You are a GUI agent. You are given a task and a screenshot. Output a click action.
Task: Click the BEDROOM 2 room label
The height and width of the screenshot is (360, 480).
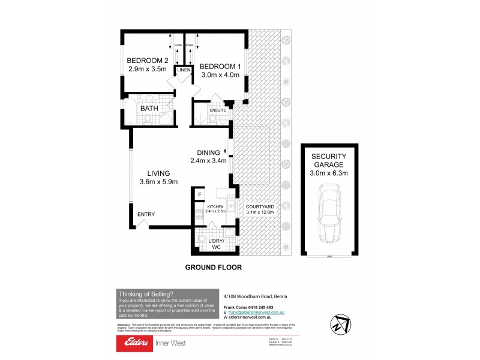pos(147,61)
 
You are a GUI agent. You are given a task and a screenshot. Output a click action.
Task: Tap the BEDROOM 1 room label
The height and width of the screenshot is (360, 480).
pos(220,66)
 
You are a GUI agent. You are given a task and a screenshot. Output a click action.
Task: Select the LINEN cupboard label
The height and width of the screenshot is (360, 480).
pos(184,71)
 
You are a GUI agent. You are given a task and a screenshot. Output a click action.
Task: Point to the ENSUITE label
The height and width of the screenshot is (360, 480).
pos(218,111)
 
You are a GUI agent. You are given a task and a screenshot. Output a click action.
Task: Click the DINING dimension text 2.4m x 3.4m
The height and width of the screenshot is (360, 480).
pos(208,161)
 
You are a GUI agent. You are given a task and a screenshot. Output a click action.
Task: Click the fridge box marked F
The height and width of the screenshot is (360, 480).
pos(199,194)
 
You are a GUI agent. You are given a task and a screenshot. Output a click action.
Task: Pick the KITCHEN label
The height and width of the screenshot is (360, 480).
pos(215,206)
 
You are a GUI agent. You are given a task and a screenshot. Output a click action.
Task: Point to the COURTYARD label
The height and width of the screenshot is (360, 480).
pos(260,207)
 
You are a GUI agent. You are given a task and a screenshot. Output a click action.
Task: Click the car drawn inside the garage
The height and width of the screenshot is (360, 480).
pos(329,212)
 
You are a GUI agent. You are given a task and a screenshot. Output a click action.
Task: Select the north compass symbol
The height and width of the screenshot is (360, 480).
pos(340,322)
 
